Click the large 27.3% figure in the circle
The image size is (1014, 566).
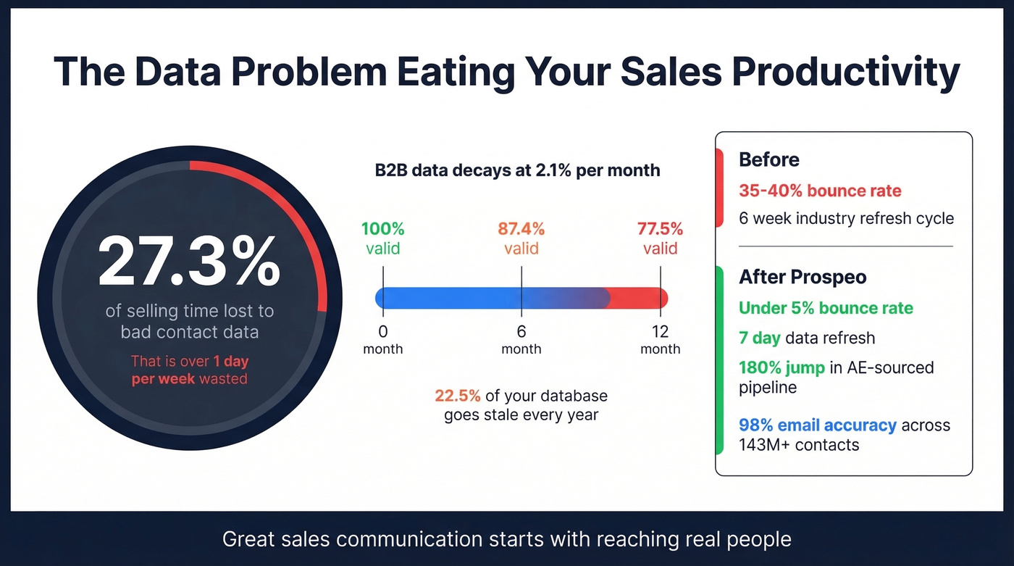[189, 261]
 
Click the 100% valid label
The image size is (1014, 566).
[382, 238]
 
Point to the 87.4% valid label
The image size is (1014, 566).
[521, 238]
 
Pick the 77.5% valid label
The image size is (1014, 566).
[660, 238]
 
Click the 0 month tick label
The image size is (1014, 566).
[382, 340]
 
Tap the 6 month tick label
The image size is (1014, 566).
[521, 340]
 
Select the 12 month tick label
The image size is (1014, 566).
[660, 340]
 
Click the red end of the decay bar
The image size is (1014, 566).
[641, 298]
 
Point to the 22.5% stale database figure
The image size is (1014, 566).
[458, 396]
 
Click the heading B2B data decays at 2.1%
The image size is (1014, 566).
[517, 170]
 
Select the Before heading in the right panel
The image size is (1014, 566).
[768, 159]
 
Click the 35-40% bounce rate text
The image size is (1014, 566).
[820, 191]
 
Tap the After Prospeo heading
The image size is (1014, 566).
[803, 277]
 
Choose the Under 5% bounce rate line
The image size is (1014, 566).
[826, 308]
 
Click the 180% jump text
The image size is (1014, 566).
[782, 367]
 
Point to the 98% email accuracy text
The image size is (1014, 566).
[817, 425]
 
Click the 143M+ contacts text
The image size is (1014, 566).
[798, 445]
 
